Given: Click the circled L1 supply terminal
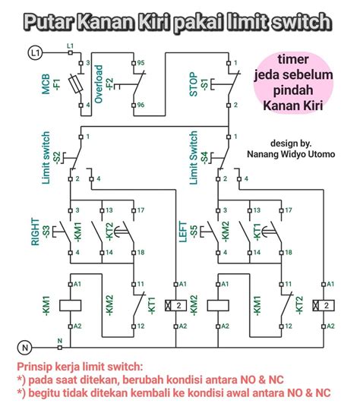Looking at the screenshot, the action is tap(35, 53).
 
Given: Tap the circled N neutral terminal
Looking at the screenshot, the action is tap(25, 347).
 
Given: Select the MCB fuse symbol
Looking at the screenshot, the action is tap(76, 84).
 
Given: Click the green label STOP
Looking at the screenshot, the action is tap(194, 84).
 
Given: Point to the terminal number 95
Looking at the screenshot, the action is tap(141, 63).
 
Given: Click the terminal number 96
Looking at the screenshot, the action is tap(141, 105).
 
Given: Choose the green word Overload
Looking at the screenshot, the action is tap(98, 84).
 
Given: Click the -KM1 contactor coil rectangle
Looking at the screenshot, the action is tap(71, 305).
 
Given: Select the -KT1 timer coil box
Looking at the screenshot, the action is tap(175, 305).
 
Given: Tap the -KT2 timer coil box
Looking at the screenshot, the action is tap(324, 305).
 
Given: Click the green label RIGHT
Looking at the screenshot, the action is tap(35, 232).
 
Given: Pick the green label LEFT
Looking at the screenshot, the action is tap(183, 232).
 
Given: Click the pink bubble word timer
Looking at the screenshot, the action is tap(293, 59).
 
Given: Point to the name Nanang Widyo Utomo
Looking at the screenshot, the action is tap(291, 154).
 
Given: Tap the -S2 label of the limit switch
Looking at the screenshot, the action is tap(58, 158).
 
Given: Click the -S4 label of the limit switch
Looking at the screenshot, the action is tap(204, 158).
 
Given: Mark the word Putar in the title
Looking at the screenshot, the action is tap(49, 22).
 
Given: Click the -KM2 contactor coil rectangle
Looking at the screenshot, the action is tap(218, 305).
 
